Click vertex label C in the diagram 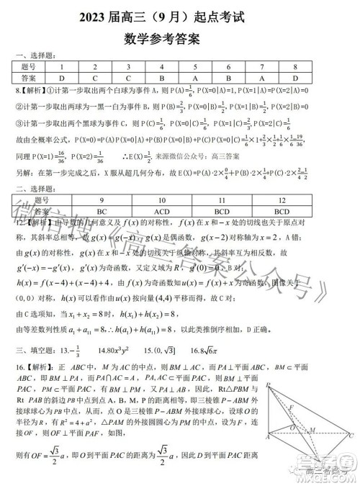click(350, 436)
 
